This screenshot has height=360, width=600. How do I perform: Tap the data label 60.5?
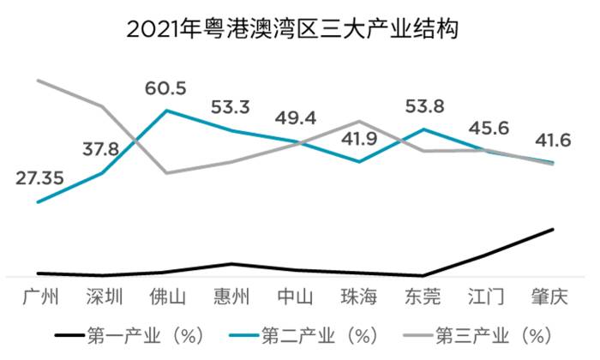(166, 87)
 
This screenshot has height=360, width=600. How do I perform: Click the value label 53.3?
(231, 107)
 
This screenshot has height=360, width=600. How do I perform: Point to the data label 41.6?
(551, 139)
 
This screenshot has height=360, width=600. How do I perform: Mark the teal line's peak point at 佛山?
(167, 111)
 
